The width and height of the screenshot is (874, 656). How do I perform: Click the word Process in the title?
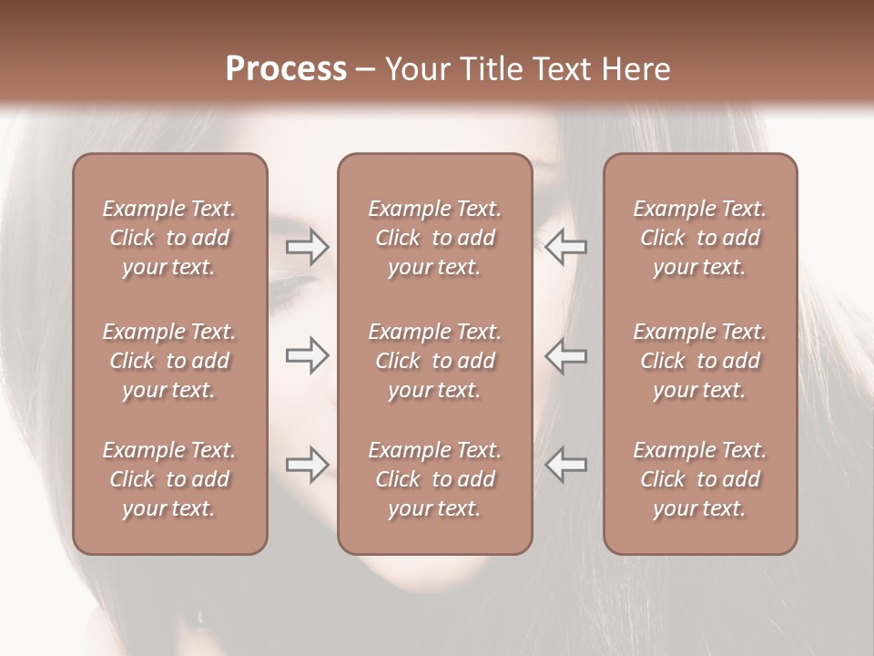click(x=286, y=69)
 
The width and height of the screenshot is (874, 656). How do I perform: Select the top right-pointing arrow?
click(x=308, y=247)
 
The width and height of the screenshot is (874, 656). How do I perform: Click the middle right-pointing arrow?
click(x=308, y=356)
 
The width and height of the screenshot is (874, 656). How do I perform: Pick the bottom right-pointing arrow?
click(x=308, y=465)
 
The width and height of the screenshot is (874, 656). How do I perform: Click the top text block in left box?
click(x=169, y=238)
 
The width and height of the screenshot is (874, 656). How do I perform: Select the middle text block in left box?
click(x=169, y=361)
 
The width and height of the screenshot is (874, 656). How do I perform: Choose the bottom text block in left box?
click(x=169, y=479)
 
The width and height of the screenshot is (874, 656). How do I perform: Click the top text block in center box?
click(x=435, y=238)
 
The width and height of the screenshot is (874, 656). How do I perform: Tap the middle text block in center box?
click(x=435, y=361)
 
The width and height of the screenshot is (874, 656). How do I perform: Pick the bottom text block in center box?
click(x=435, y=479)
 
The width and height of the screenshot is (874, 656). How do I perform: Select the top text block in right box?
click(x=700, y=238)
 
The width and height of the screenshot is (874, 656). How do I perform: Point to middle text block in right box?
click(x=700, y=361)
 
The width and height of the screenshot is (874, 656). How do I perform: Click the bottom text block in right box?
click(x=700, y=479)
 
